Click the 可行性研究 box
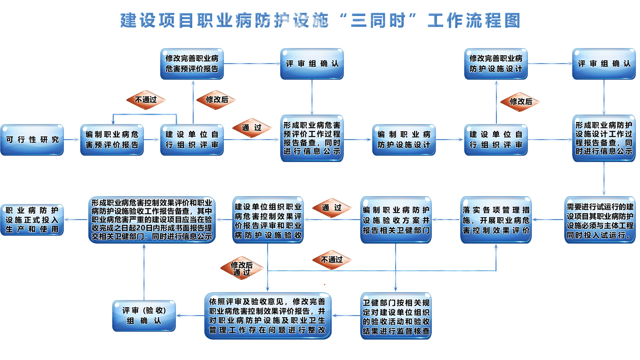[32, 140]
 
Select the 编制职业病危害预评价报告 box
[112, 140]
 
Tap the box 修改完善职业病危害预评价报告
[192, 64]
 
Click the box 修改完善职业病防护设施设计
[496, 64]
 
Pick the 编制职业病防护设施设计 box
[404, 140]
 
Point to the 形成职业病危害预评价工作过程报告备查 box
[312, 138]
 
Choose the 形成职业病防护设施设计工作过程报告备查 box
[604, 138]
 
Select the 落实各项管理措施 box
[496, 220]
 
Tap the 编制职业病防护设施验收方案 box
[396, 220]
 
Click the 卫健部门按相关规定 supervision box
[396, 316]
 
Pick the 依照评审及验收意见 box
[268, 316]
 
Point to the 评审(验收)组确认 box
[144, 316]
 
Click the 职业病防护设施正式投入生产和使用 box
[32, 220]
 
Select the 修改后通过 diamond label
[242, 268]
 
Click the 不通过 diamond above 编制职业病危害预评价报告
[146, 100]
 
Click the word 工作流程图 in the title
[474, 20]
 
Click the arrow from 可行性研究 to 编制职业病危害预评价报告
[72, 140]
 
